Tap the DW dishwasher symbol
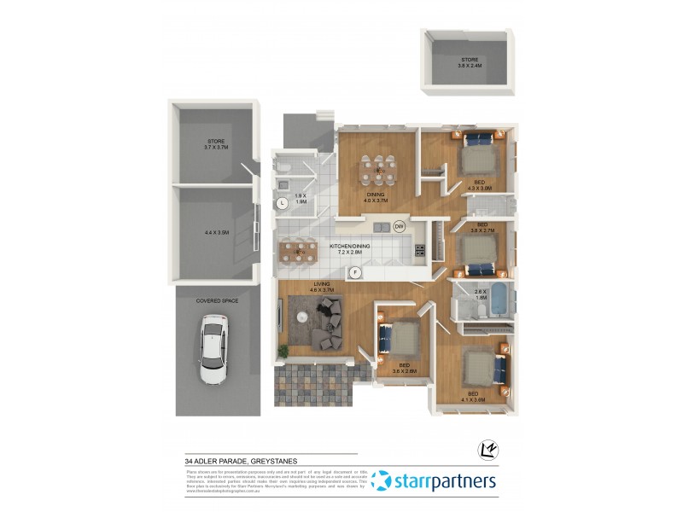click(x=400, y=226)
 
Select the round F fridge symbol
click(x=355, y=273)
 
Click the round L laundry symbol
click(x=283, y=203)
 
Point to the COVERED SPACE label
click(x=217, y=301)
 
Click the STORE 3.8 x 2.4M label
click(x=470, y=62)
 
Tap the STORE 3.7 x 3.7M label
click(x=215, y=144)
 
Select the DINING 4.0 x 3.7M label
click(x=377, y=197)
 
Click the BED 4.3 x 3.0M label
click(x=480, y=185)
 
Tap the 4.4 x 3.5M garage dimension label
click(x=217, y=232)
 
